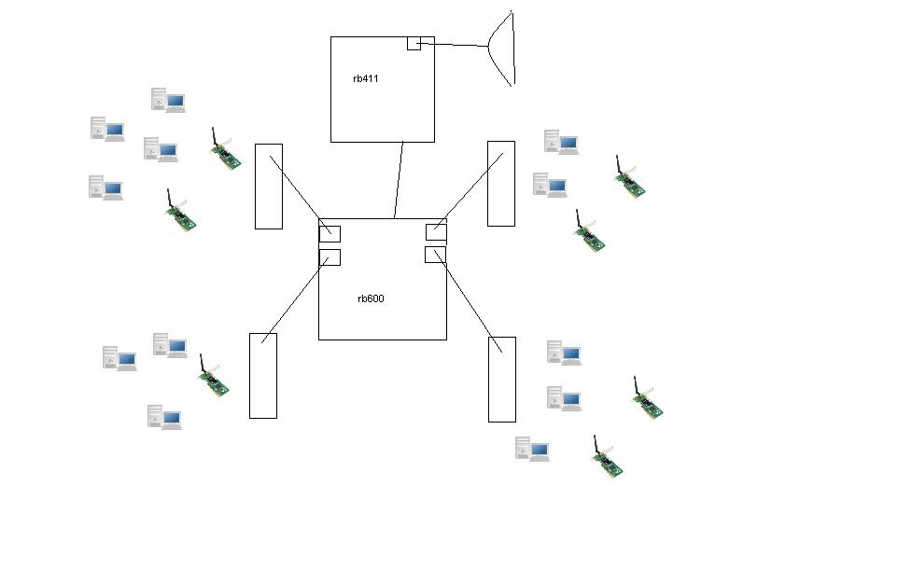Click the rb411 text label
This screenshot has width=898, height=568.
click(x=366, y=79)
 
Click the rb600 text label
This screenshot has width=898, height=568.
click(x=371, y=299)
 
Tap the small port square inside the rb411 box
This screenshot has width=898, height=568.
click(x=414, y=43)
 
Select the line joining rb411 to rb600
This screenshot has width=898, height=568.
click(x=399, y=179)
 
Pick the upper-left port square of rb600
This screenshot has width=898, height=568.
click(x=330, y=233)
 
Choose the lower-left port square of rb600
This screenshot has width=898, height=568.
click(x=330, y=257)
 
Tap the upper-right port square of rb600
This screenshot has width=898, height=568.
click(x=436, y=232)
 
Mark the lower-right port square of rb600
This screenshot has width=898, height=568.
click(x=435, y=255)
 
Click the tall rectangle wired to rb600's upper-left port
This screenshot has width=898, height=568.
click(x=269, y=186)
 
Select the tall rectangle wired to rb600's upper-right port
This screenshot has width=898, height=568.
click(x=501, y=183)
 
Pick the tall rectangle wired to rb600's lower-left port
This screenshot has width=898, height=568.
click(x=263, y=375)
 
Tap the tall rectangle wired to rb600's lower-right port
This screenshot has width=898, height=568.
click(x=502, y=379)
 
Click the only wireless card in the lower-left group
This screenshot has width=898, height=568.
click(x=213, y=377)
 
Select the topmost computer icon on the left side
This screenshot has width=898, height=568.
click(x=168, y=100)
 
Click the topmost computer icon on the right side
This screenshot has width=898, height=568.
click(x=561, y=142)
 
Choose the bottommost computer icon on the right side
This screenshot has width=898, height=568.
click(x=532, y=449)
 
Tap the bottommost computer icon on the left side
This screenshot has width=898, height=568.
click(x=163, y=417)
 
